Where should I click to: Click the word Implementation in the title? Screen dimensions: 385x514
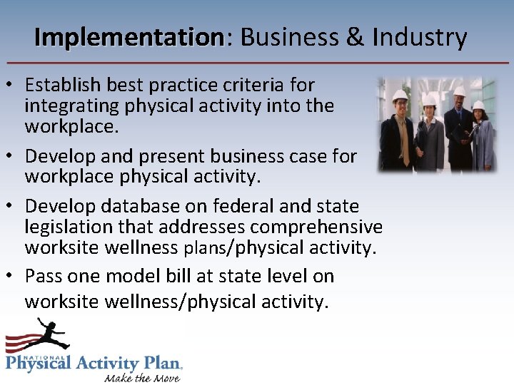[129, 37]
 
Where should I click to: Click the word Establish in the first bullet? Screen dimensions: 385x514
[63, 85]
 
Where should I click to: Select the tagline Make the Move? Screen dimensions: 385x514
[142, 376]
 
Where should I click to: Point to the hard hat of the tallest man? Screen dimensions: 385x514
[459, 91]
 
